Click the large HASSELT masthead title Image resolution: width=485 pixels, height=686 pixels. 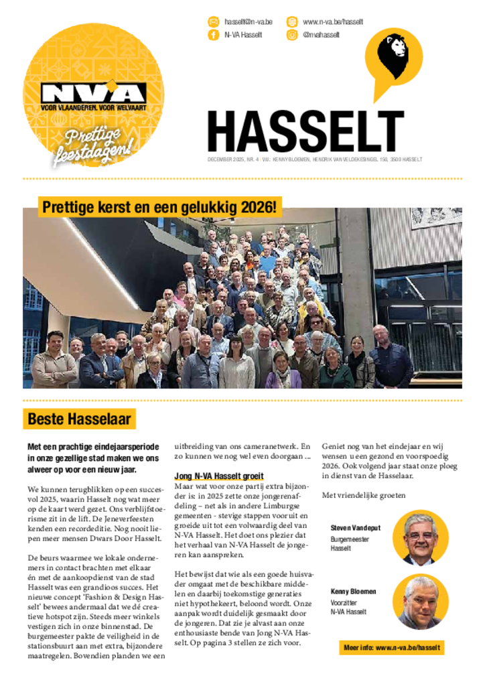(305, 132)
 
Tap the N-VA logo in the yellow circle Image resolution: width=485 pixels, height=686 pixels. (93, 94)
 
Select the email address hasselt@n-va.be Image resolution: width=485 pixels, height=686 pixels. (248, 21)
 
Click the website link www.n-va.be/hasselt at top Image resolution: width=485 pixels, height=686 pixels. (333, 21)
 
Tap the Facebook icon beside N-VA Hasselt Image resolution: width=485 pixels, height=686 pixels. (214, 35)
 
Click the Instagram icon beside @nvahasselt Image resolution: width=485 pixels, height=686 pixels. (292, 35)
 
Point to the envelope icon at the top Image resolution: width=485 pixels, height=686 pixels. (214, 21)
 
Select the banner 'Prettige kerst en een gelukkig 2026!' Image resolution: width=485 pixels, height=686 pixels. (159, 208)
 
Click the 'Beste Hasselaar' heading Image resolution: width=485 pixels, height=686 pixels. (79, 419)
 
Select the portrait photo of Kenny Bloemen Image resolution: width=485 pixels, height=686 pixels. (420, 602)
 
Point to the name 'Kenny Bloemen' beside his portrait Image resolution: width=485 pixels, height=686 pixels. (353, 592)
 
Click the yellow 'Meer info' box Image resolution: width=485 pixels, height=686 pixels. (391, 648)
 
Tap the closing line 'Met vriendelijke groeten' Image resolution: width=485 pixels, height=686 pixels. (364, 495)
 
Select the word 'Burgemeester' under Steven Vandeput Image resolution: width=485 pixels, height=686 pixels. (350, 539)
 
